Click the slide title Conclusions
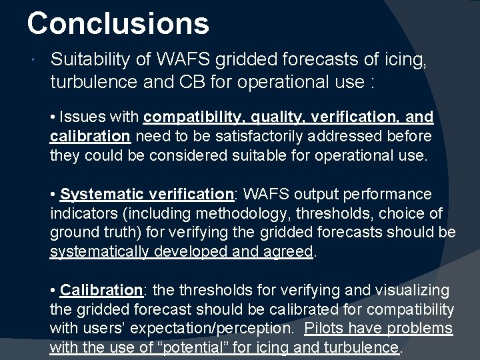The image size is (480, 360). [x=118, y=23]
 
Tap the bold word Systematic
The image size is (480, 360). [x=101, y=195]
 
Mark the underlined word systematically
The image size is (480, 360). [x=101, y=252]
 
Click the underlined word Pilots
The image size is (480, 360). [x=325, y=329]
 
